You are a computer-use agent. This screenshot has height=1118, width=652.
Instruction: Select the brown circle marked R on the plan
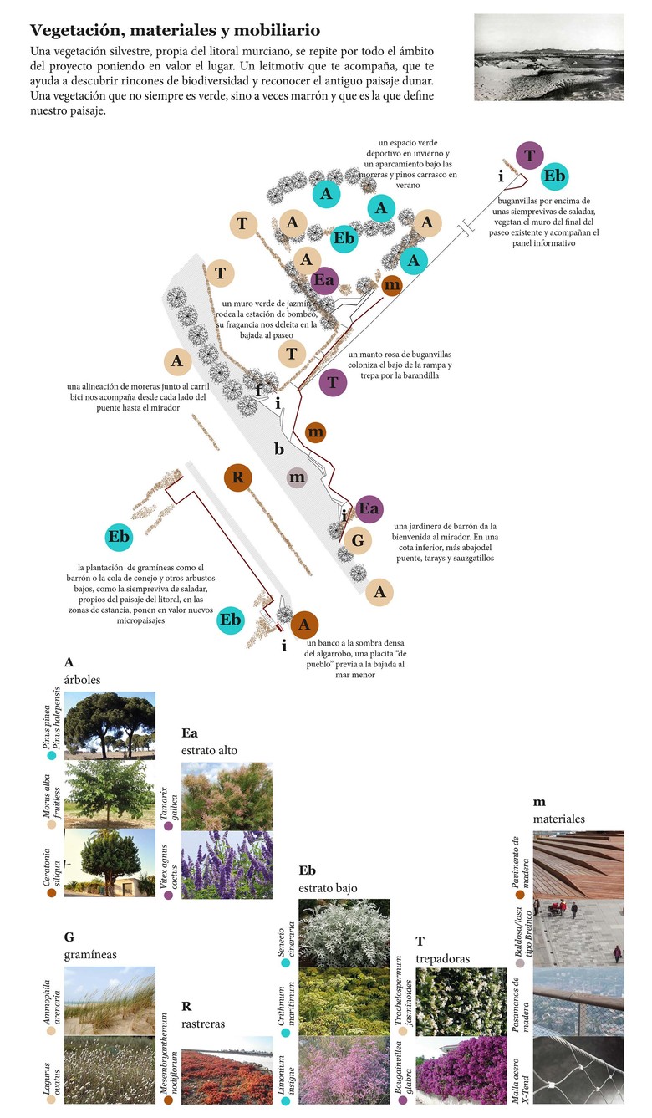pos(238,478)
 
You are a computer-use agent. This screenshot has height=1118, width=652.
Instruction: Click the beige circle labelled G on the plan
pos(357,541)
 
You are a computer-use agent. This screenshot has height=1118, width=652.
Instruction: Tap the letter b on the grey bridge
pos(279,448)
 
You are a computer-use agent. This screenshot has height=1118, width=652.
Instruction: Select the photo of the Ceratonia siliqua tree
pos(110,863)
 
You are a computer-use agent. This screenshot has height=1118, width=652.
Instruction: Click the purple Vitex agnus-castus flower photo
pos(227,865)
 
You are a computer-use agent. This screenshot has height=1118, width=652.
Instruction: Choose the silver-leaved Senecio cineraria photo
pos(344,932)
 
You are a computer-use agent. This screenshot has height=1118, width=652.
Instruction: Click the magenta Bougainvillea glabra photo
pos(461,1071)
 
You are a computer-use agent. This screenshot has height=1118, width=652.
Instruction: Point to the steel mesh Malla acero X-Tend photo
pos(578,1071)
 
